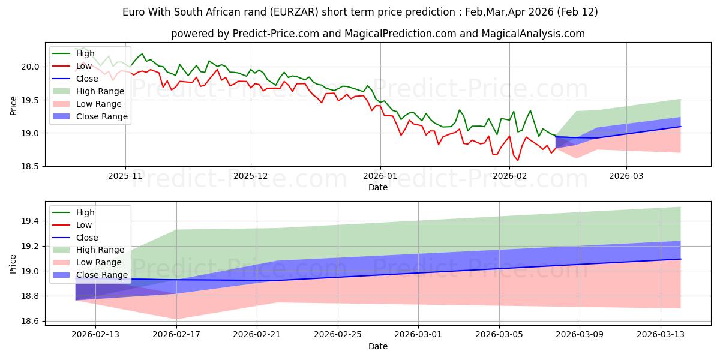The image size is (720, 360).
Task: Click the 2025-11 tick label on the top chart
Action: [125, 176]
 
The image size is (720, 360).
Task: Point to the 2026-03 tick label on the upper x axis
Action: [626, 176]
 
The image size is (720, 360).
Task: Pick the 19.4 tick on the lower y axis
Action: [30, 221]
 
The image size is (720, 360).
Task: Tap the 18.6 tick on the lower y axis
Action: [30, 322]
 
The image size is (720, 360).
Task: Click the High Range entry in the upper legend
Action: [100, 91]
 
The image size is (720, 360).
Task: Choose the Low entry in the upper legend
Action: [84, 66]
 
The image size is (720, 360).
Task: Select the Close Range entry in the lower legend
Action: [102, 275]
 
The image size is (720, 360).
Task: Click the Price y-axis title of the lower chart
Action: [13, 264]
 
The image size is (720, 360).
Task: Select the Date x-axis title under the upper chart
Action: [378, 187]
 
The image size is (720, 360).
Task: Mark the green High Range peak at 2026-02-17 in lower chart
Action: [176, 230]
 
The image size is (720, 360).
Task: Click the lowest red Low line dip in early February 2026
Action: [518, 160]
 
